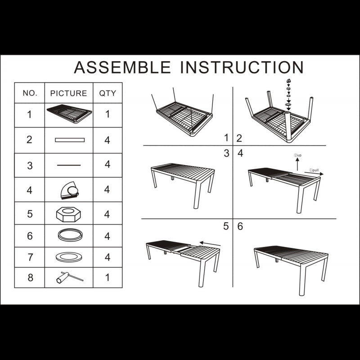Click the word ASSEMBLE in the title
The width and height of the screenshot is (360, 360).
122,67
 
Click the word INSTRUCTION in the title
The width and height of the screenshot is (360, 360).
242,67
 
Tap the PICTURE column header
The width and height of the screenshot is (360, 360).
69,93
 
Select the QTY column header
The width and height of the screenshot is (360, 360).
108,93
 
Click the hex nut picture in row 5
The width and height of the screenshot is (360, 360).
68,214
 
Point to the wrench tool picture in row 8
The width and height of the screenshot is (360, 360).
70,277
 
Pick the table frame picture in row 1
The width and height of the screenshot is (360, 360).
69,114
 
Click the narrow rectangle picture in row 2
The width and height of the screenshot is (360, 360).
70,140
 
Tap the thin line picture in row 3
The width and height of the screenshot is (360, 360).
69,165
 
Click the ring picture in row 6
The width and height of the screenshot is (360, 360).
70,235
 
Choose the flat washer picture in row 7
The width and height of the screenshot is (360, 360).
69,257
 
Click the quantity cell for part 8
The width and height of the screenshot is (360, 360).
108,278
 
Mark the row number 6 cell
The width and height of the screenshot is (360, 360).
30,236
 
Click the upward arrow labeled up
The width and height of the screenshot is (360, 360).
297,164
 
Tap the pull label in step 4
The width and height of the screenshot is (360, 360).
315,170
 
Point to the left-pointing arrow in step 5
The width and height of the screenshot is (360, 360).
210,243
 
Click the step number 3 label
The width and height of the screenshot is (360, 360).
227,153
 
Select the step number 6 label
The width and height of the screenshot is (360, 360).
240,226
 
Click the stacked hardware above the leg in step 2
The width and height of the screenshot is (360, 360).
288,94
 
